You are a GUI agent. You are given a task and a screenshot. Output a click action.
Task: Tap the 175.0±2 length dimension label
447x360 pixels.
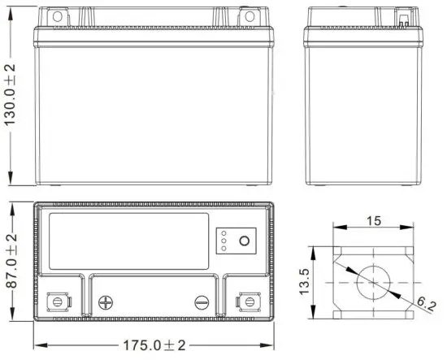click(x=152, y=345)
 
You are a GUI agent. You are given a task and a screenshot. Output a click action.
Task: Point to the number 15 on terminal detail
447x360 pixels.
click(x=374, y=220)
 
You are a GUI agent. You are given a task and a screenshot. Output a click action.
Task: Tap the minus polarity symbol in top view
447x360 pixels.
click(x=202, y=303)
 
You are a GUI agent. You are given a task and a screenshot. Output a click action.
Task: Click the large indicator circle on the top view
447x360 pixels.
click(x=242, y=241)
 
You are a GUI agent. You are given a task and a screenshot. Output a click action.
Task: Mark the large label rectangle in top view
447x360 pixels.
click(x=129, y=241)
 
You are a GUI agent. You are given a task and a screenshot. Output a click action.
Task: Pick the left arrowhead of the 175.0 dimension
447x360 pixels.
click(x=37, y=345)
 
